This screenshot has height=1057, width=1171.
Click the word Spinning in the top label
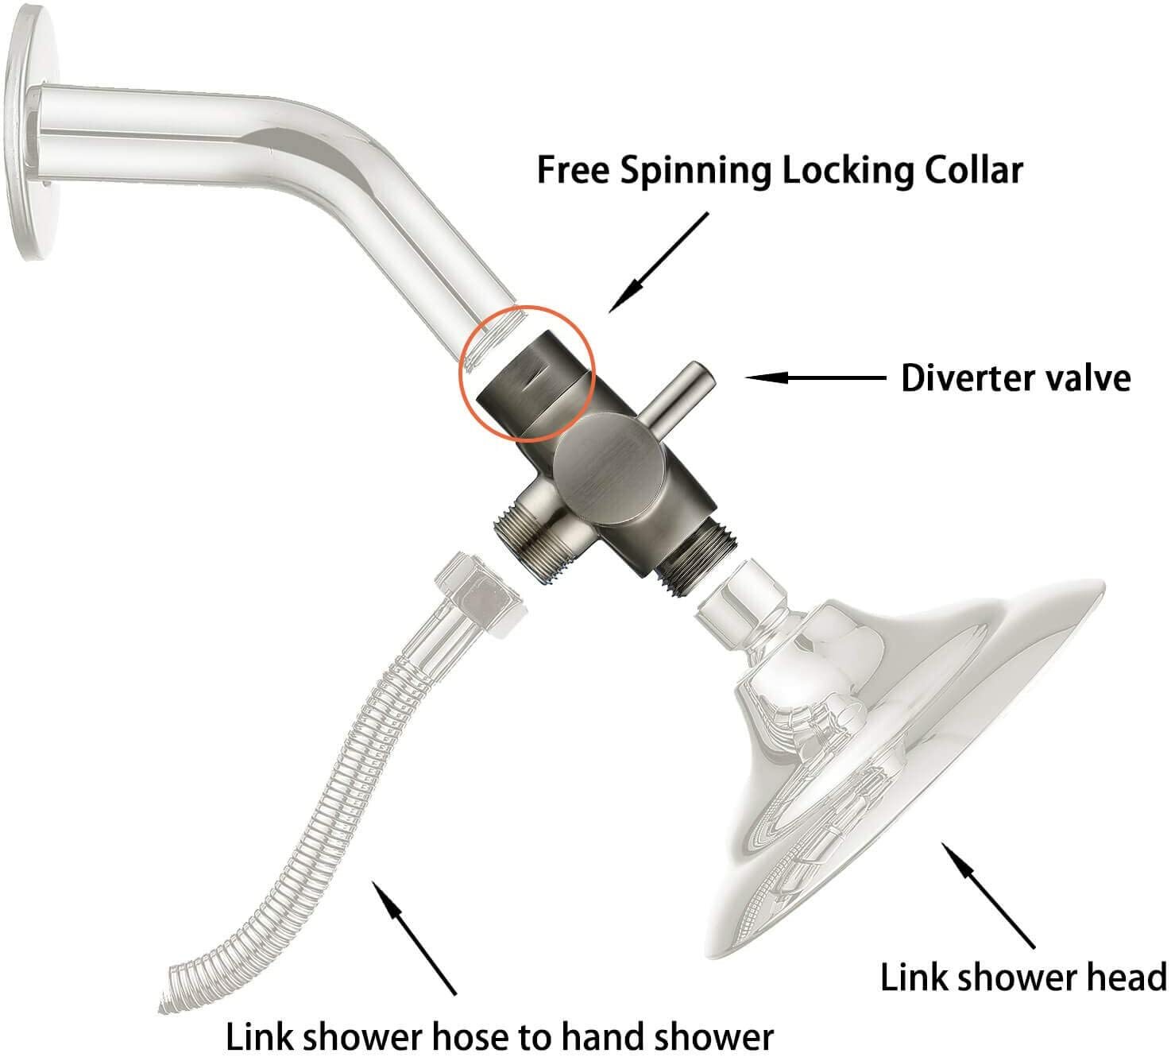tap(695, 172)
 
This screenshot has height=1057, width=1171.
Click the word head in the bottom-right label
tap(1127, 977)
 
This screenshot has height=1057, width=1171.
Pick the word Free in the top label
tap(573, 171)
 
